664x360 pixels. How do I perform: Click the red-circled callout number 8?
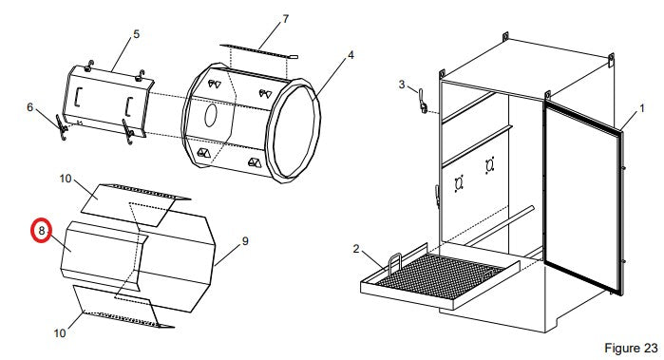42,231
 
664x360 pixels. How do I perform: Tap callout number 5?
137,34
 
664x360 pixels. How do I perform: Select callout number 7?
286,19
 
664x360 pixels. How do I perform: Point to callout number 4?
351,55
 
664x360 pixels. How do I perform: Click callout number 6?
29,107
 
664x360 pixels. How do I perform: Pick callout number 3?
402,85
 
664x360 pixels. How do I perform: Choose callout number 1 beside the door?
642,108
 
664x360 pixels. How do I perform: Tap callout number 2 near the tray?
356,249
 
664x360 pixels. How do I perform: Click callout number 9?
245,241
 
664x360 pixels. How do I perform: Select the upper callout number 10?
66,179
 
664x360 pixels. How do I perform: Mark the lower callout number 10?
60,333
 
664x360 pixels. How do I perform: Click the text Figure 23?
631,349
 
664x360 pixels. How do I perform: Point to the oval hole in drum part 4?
211,116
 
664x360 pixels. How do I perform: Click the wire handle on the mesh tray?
394,261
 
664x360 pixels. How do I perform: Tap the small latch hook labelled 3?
422,101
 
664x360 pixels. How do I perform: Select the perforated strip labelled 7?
258,51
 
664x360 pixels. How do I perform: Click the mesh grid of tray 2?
440,275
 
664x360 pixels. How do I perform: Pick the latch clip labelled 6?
62,127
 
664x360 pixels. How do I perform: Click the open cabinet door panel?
584,197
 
